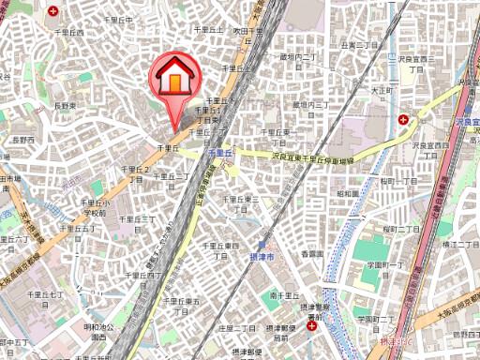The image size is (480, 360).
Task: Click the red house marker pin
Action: pos(174,79)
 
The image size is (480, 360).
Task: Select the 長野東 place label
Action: pos(64,107)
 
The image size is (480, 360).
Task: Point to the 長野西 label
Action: pos(22,140)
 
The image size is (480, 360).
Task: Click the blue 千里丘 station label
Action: pos(218,150)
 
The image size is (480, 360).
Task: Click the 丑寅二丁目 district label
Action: pos(359,44)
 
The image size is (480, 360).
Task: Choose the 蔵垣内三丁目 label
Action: pos(308,106)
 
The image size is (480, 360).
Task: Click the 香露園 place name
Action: pos(311,254)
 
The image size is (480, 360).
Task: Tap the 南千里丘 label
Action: pos(282,295)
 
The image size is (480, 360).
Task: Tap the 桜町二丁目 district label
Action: pos(399,229)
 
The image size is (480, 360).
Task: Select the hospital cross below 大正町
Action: pos(403,120)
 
